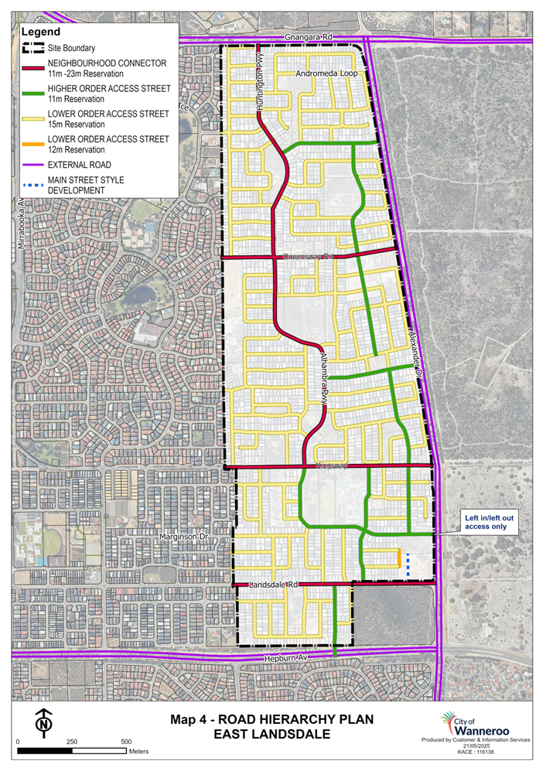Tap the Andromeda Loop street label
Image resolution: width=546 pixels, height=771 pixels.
click(x=324, y=73)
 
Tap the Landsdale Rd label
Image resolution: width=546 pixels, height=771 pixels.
click(x=274, y=585)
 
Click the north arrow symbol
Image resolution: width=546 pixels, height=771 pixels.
click(x=45, y=722)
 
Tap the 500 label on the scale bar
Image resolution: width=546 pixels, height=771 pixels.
click(x=127, y=742)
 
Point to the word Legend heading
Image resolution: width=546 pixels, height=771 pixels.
click(x=40, y=32)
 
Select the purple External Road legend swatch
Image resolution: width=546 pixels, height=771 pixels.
click(x=32, y=164)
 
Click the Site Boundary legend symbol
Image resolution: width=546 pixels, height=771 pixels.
click(x=32, y=48)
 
